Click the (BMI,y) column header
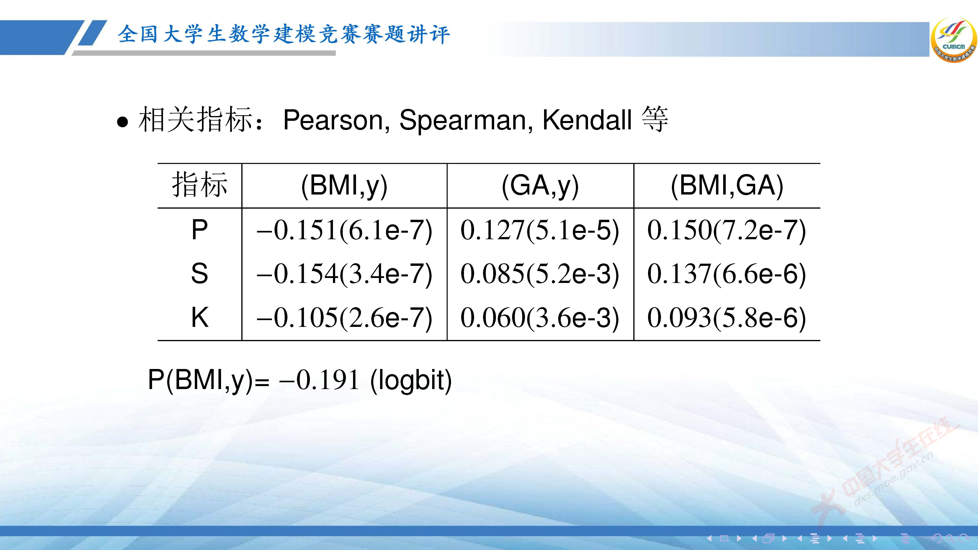344,186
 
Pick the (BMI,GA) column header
727,186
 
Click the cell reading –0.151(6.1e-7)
344,230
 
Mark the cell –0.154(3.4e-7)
344,274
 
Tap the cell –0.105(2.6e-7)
344,317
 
